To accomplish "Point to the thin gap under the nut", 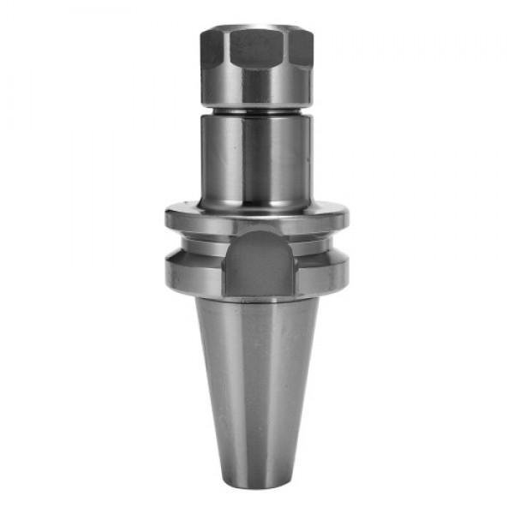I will (x=256, y=111).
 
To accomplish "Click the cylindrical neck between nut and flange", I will (x=256, y=158).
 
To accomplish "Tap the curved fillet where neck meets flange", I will (x=256, y=206).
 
